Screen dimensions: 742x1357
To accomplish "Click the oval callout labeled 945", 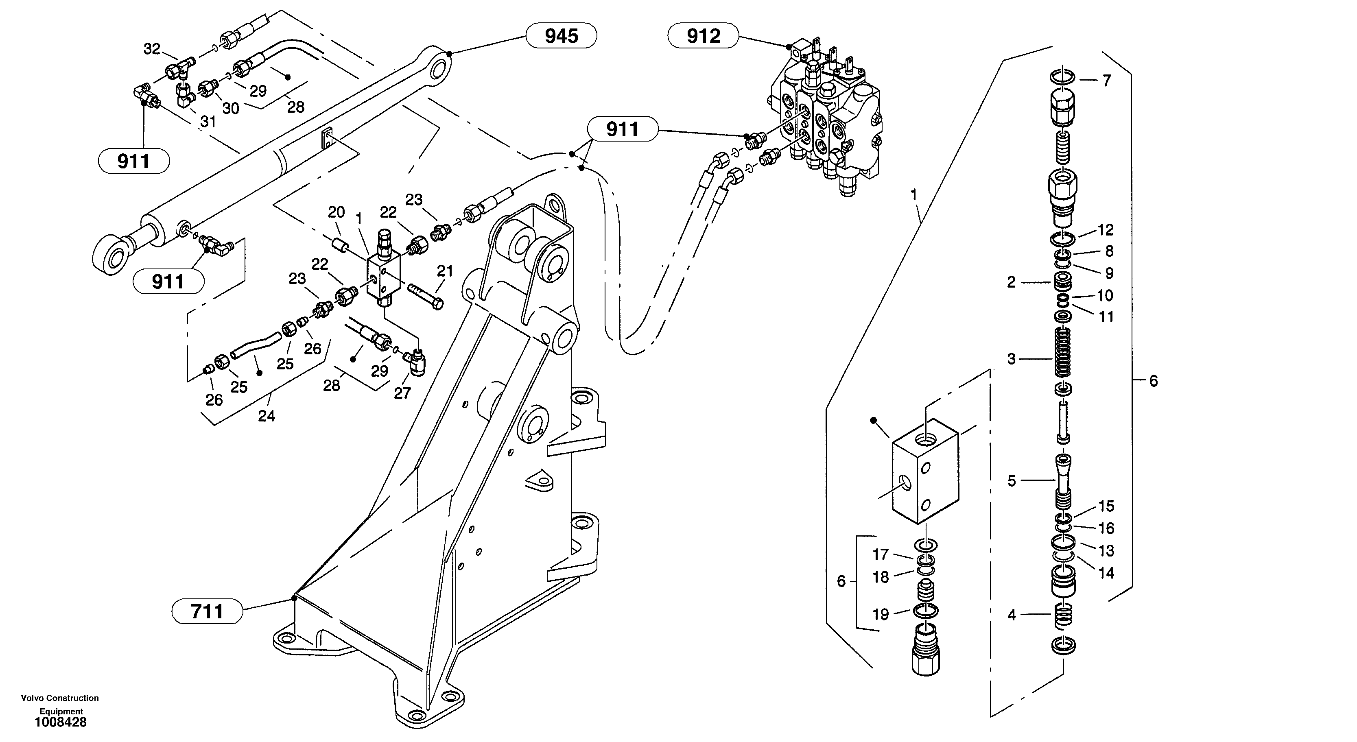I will click(561, 36).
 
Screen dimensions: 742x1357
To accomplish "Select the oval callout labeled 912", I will click(703, 36).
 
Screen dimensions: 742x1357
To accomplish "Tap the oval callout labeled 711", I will click(207, 611).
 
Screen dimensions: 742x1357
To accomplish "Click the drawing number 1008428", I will click(61, 722).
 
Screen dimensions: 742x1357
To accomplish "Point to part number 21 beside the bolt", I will click(445, 271).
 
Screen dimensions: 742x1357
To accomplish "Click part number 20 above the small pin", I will click(336, 212).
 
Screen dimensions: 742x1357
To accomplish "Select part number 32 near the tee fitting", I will click(152, 49).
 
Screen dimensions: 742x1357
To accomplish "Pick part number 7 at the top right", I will click(1106, 81).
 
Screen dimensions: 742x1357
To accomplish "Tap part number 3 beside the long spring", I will click(1011, 359).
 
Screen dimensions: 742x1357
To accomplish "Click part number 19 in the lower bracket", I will click(880, 614).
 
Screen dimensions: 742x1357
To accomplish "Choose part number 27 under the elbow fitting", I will click(402, 393).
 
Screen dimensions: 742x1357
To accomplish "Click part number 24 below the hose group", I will click(266, 416).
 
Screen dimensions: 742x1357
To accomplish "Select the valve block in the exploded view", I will click(925, 471).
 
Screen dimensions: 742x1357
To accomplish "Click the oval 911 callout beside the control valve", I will click(622, 129).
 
